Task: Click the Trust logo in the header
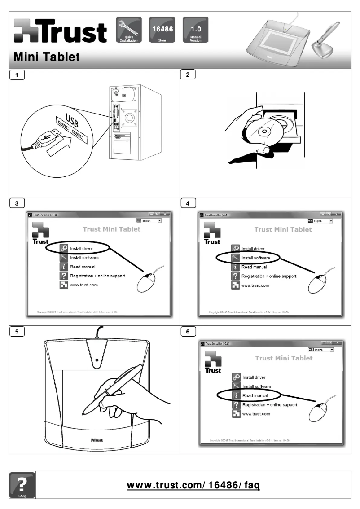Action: pyautogui.click(x=61, y=31)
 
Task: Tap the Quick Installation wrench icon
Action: pyautogui.click(x=129, y=30)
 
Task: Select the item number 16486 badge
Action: pyautogui.click(x=162, y=30)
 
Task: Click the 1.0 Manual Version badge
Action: pyautogui.click(x=195, y=30)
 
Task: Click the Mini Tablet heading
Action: pyautogui.click(x=47, y=57)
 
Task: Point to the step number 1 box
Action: pyautogui.click(x=17, y=75)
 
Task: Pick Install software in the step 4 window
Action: pyautogui.click(x=255, y=258)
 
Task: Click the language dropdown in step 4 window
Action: pyautogui.click(x=320, y=221)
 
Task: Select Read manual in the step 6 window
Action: pyautogui.click(x=255, y=396)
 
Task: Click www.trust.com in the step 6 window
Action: pyautogui.click(x=256, y=414)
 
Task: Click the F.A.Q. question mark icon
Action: pyautogui.click(x=21, y=485)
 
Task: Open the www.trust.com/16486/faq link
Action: pyautogui.click(x=193, y=485)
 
